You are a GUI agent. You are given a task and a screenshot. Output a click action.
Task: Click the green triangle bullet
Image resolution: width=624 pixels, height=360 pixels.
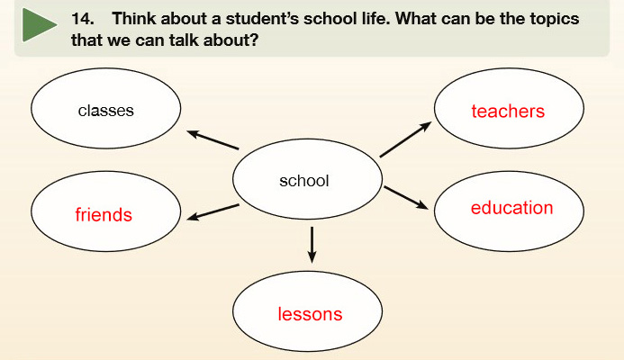pyautogui.click(x=37, y=24)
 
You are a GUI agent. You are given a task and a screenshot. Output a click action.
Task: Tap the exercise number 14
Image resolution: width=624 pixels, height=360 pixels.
pyautogui.click(x=83, y=19)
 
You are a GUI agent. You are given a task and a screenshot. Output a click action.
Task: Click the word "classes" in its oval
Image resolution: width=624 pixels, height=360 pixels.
pyautogui.click(x=106, y=111)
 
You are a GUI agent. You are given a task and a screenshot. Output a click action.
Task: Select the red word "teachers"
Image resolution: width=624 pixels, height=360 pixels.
pyautogui.click(x=508, y=111)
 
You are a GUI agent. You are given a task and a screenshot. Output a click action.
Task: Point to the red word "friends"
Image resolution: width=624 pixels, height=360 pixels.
pyautogui.click(x=104, y=215)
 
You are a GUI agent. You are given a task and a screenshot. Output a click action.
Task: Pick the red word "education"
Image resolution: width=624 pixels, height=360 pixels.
pyautogui.click(x=511, y=208)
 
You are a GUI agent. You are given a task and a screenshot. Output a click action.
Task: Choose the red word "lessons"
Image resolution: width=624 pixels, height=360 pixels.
pyautogui.click(x=310, y=314)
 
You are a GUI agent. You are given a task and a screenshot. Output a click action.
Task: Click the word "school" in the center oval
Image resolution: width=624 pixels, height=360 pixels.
pyautogui.click(x=304, y=181)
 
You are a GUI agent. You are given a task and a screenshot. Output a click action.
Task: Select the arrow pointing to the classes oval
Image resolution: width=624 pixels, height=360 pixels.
pyautogui.click(x=213, y=140)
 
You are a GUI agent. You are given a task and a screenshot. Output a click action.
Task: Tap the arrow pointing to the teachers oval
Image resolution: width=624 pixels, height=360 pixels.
pyautogui.click(x=405, y=139)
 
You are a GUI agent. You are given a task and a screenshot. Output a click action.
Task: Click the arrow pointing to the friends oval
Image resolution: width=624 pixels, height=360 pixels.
pyautogui.click(x=213, y=212)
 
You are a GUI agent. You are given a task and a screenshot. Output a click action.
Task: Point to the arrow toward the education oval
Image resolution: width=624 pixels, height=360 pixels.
pyautogui.click(x=406, y=197)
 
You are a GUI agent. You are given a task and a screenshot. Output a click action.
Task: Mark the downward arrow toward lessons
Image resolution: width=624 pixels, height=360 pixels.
pyautogui.click(x=312, y=245)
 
